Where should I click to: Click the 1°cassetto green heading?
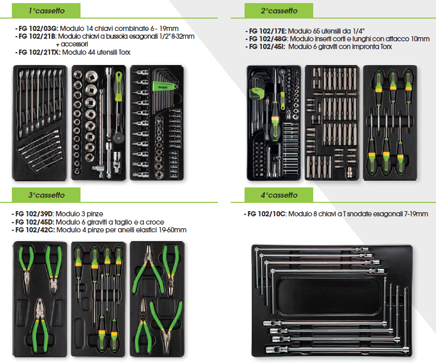point(46,10)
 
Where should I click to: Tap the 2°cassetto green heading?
point(279,10)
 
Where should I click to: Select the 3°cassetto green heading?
point(46,195)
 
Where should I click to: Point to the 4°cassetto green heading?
point(279,195)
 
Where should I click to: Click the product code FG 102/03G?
point(38,28)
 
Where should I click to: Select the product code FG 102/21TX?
point(39,52)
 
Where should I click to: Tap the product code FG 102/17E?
point(267,31)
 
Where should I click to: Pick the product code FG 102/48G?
point(268,39)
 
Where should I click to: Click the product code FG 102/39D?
point(34,214)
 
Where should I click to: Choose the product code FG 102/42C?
point(35,230)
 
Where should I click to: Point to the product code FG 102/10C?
point(266,214)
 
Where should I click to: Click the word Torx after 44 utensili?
point(124,52)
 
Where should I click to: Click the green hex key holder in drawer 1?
point(165,86)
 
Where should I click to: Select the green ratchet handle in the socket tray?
point(119,86)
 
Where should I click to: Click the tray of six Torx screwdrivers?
point(390,123)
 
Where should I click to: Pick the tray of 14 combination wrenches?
point(40,123)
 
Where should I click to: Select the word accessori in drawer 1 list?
point(74,44)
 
